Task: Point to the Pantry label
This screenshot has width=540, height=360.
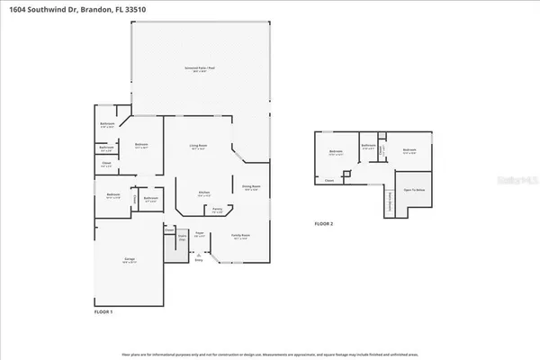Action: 218,210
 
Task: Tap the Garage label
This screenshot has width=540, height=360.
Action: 130,260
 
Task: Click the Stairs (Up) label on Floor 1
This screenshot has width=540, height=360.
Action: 182,238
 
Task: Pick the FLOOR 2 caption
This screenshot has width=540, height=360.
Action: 324,222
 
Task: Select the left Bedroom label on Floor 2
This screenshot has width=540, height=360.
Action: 336,151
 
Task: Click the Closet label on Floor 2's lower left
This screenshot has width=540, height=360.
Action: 329,180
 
